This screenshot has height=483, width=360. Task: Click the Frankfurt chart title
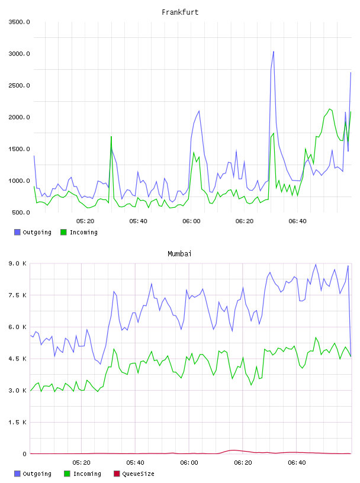[180, 12]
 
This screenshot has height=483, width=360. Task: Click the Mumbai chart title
[179, 254]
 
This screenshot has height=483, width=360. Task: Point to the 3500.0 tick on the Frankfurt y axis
[19, 22]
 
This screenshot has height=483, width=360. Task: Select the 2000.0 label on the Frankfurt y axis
[19, 117]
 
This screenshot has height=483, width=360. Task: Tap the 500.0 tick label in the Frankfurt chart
[21, 212]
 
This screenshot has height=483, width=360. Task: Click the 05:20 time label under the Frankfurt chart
[85, 221]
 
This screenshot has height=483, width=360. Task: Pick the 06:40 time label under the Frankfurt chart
[297, 221]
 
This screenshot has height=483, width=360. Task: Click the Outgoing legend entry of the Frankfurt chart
[33, 232]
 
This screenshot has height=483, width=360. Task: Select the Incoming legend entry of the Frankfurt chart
[79, 232]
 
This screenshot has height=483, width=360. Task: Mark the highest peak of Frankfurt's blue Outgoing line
[274, 51]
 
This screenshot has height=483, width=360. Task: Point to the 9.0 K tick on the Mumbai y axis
[18, 263]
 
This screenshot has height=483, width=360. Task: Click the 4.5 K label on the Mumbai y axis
[18, 359]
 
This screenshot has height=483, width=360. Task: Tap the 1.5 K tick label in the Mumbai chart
[18, 422]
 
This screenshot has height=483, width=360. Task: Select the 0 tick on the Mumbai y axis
[24, 454]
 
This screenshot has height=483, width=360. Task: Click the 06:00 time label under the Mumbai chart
[189, 463]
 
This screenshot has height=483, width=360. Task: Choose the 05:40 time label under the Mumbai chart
[135, 463]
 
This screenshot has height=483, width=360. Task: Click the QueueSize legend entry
[134, 474]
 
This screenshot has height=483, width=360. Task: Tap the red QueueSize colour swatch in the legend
[117, 474]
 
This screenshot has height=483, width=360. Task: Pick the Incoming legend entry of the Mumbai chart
[83, 474]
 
